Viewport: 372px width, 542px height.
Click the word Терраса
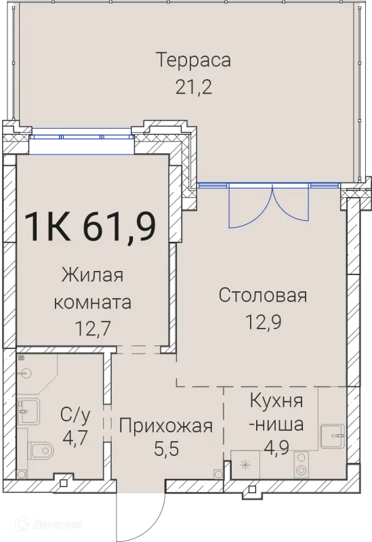click(194, 60)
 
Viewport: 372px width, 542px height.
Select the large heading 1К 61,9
click(90, 226)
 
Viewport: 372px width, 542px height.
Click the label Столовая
click(263, 295)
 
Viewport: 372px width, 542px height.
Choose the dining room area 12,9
click(263, 321)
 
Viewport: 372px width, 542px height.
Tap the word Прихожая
click(166, 426)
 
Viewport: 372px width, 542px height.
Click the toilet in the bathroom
click(41, 449)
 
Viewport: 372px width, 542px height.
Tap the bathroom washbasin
click(29, 407)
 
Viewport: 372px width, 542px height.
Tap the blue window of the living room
click(81, 135)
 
